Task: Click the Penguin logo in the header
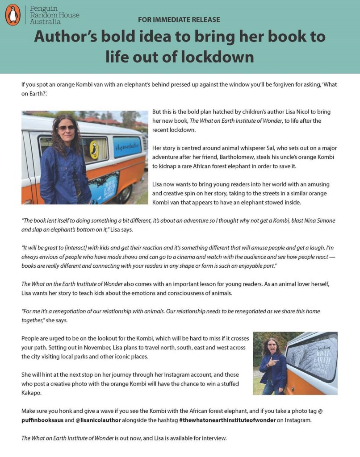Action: pyautogui.click(x=13, y=15)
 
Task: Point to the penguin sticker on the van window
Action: pyautogui.click(x=94, y=149)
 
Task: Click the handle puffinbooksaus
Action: pyautogui.click(x=42, y=420)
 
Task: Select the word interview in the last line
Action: pyautogui.click(x=212, y=438)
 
